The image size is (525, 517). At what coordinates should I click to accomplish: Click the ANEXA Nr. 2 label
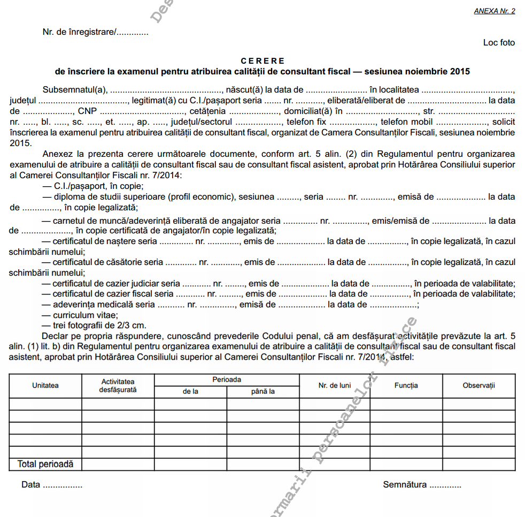pos(495,11)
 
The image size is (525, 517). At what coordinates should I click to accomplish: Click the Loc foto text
pos(499,42)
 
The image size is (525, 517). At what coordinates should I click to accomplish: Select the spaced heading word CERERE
pos(262,61)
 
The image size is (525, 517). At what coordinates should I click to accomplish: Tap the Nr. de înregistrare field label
pos(79,32)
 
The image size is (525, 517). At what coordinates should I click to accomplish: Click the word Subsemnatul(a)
pos(75,90)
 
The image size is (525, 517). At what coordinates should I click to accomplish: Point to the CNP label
pos(87,111)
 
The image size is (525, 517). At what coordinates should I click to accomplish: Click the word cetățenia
pos(205,111)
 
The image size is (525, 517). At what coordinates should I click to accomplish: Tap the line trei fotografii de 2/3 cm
pos(99,325)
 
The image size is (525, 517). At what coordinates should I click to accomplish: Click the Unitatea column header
pos(45,385)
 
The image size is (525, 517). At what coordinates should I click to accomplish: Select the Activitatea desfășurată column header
pos(118,385)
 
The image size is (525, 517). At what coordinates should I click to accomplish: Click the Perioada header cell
pos(227,379)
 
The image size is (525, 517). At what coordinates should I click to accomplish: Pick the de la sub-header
pos(190,391)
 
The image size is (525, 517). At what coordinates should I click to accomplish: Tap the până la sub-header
pos(263,391)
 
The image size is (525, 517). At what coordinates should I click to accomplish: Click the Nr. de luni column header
pos(335,385)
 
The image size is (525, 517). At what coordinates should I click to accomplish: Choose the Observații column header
pos(479,385)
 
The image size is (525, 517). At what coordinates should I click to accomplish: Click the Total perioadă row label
pos(45,464)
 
